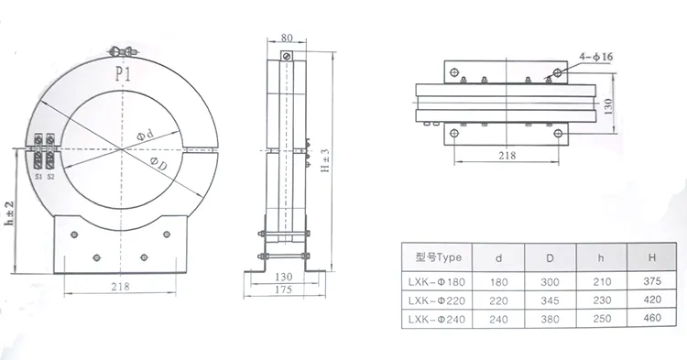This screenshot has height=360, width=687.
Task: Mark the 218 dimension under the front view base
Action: pos(120,287)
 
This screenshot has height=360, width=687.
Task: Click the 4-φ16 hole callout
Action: pos(595,57)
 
